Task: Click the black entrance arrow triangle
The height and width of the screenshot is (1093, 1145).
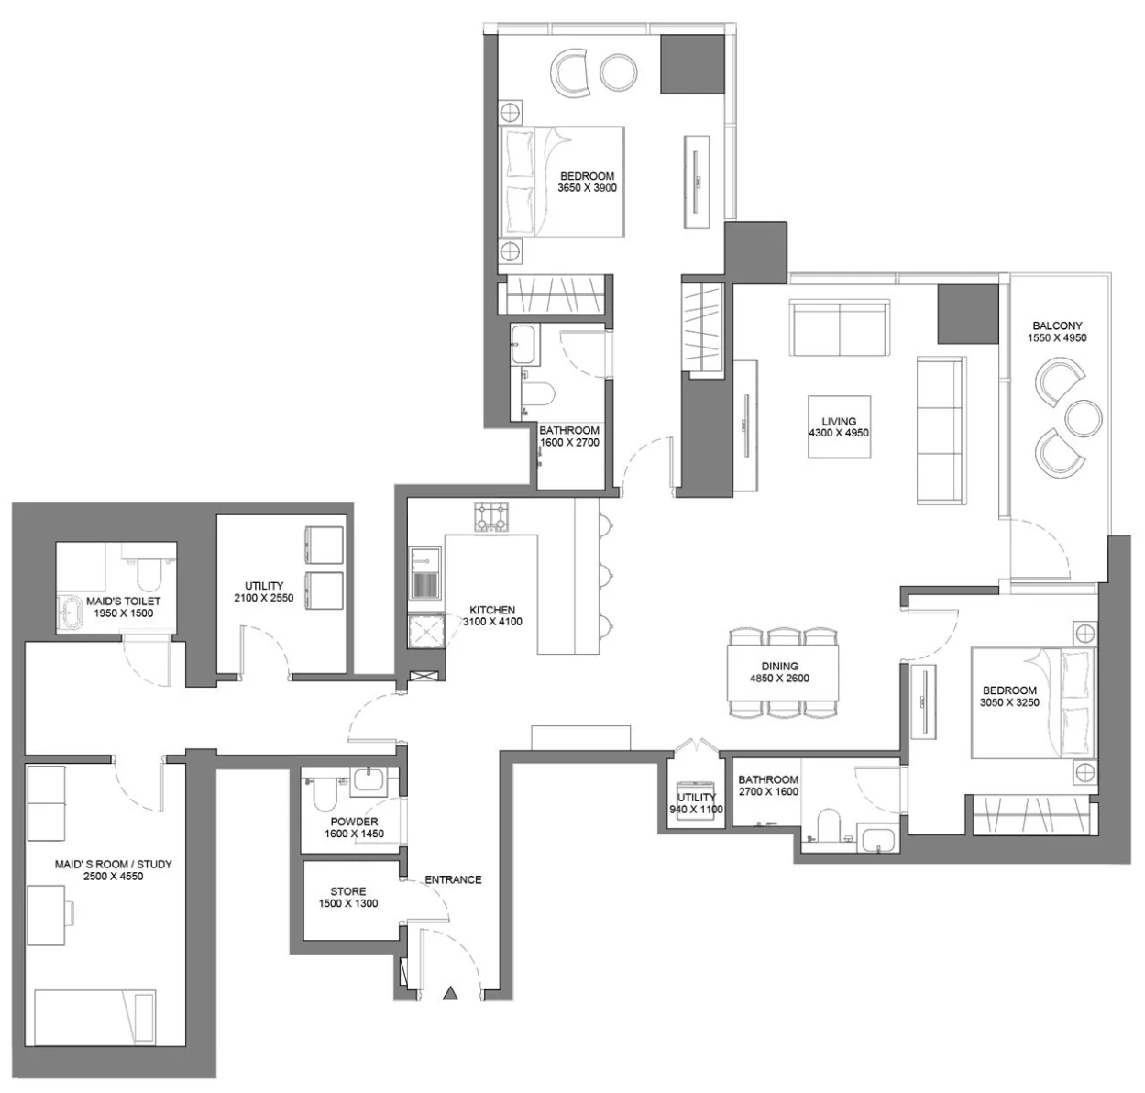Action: (449, 993)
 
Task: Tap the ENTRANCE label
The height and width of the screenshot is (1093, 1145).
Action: (453, 879)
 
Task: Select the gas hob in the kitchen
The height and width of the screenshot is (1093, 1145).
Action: (491, 517)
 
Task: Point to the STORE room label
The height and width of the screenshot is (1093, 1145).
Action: (348, 891)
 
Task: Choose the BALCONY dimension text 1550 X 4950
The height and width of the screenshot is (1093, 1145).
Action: (1057, 338)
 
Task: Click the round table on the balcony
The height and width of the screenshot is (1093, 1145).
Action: (1084, 418)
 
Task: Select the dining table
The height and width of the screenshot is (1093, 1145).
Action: (783, 672)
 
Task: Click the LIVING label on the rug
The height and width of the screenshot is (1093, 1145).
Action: (839, 421)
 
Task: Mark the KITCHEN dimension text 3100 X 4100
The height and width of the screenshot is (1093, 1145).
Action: (492, 622)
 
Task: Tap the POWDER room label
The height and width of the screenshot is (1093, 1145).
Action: (354, 822)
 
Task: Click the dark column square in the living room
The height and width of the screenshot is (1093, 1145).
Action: (967, 314)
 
